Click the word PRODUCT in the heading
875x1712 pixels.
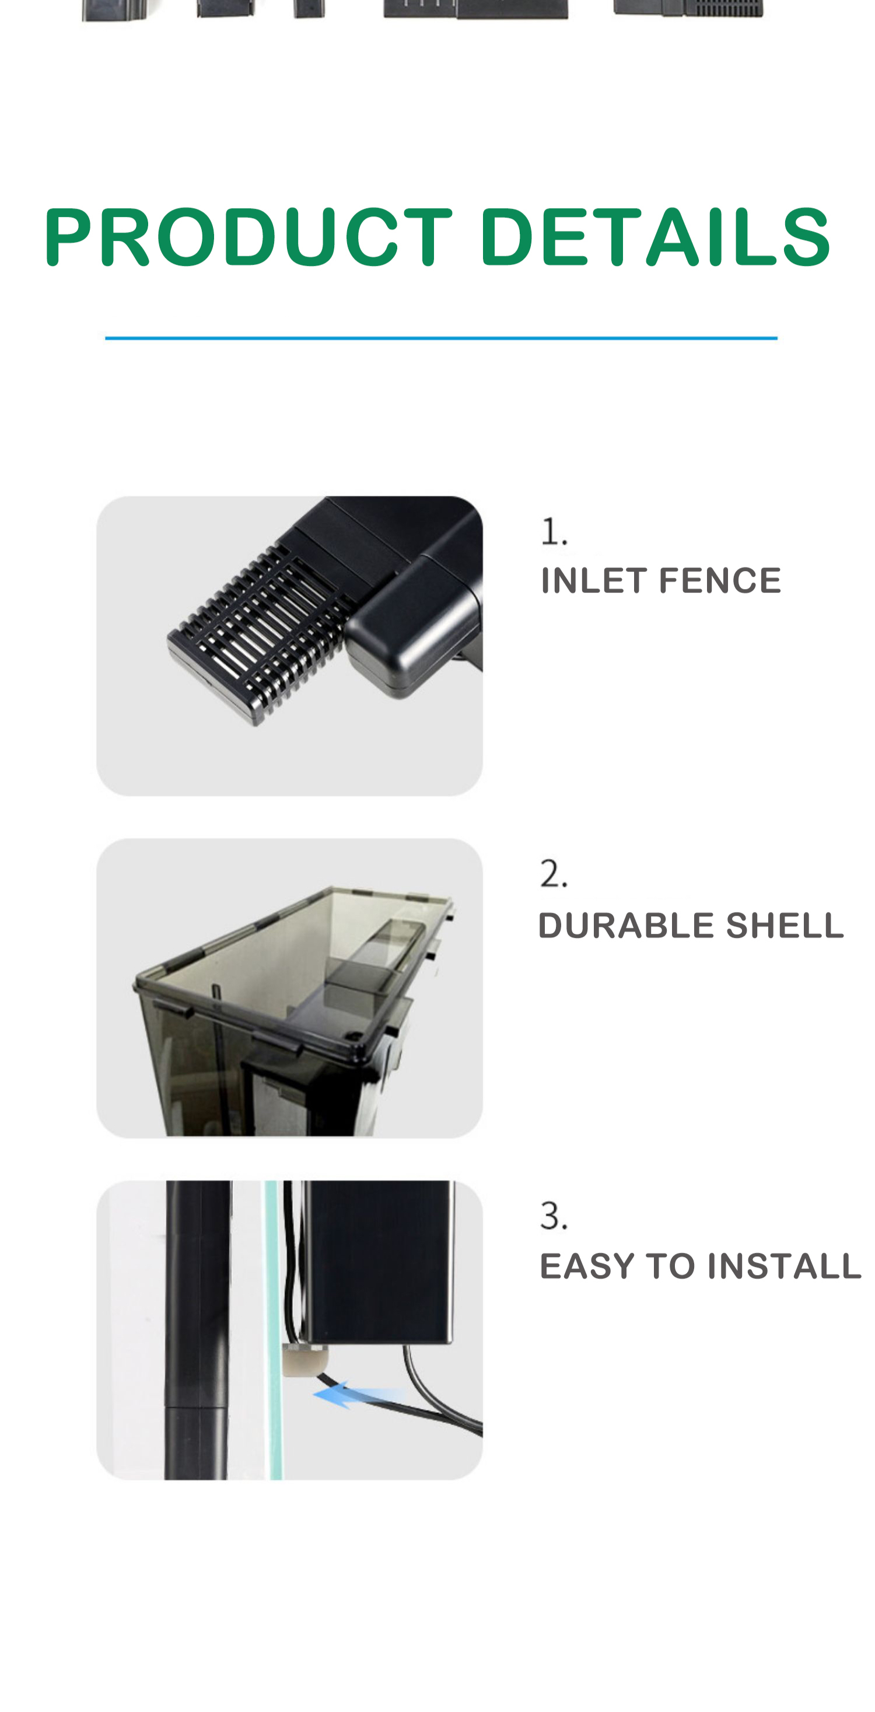pos(248,237)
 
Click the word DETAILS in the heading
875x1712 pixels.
pos(655,237)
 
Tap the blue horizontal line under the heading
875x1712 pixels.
pos(441,338)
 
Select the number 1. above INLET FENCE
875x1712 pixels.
pos(554,531)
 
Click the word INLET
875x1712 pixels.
pos(593,580)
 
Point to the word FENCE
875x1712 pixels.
pos(720,580)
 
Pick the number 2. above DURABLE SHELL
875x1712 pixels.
pos(554,873)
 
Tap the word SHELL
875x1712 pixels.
pos(785,925)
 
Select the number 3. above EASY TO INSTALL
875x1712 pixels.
pos(554,1216)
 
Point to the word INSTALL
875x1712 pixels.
pos(784,1266)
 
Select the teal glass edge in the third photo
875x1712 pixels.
pos(273,1329)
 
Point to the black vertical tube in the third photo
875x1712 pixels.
pos(198,1329)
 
